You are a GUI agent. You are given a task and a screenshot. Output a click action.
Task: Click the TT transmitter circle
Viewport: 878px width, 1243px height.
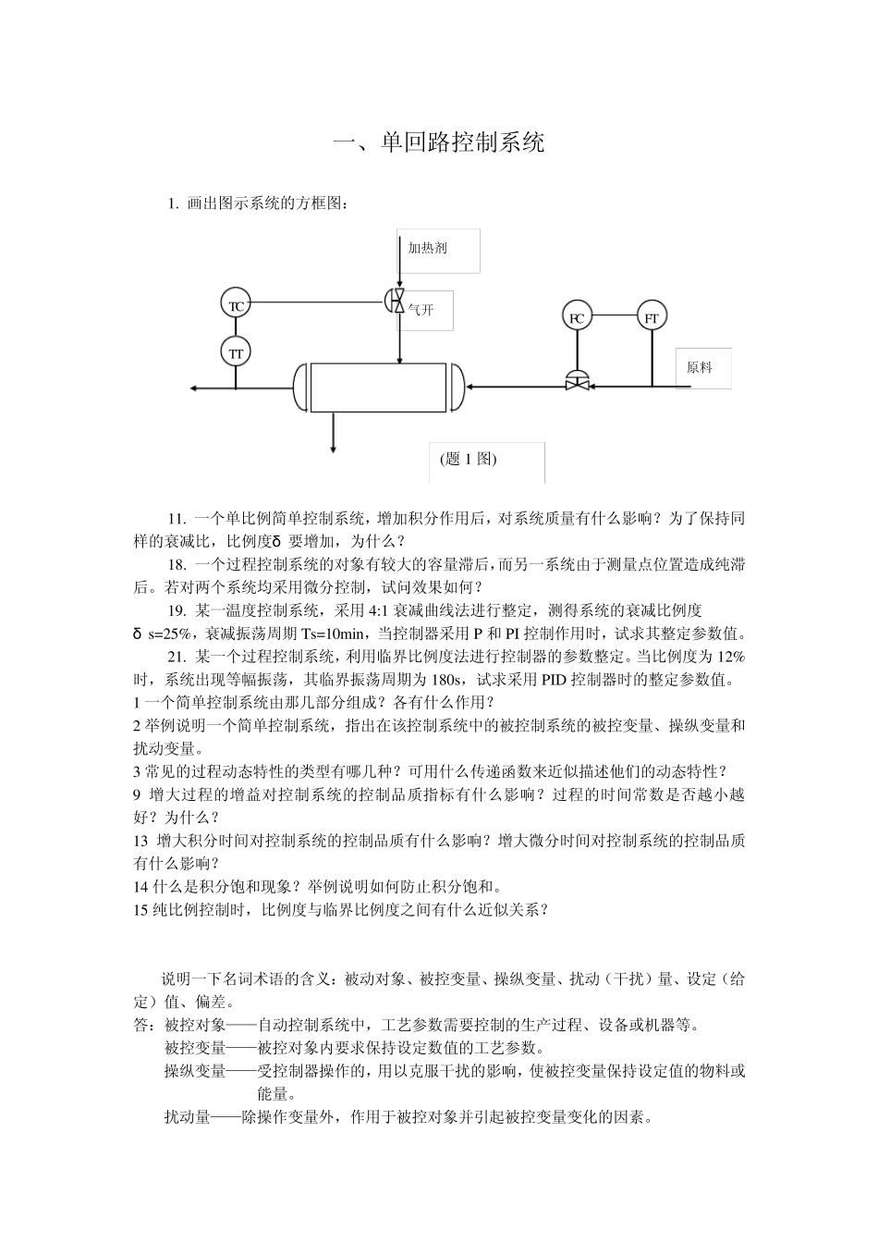tap(236, 352)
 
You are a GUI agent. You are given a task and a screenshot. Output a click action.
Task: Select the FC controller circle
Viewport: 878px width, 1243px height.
tap(577, 317)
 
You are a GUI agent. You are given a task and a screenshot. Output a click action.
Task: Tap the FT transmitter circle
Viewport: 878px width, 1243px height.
tap(652, 317)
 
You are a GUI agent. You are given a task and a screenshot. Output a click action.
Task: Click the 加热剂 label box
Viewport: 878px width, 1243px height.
tap(438, 251)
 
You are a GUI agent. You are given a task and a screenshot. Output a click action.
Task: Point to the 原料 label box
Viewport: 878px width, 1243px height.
tap(702, 367)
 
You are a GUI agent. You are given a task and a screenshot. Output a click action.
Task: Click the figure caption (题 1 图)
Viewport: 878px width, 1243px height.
tap(469, 460)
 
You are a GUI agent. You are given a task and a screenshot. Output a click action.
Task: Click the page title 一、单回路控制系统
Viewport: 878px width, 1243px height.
tap(439, 142)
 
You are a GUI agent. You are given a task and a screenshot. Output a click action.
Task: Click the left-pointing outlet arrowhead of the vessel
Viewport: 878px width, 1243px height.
tap(193, 388)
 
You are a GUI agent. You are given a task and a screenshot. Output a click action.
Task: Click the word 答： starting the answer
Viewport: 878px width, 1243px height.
tap(146, 1026)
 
